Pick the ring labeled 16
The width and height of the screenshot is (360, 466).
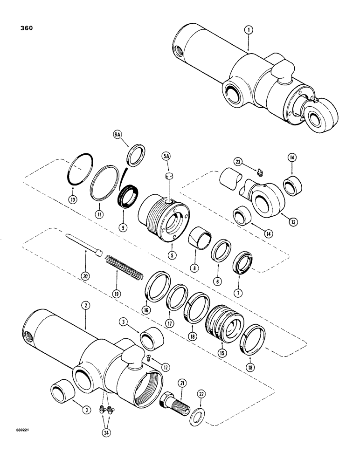coord(156,285)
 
